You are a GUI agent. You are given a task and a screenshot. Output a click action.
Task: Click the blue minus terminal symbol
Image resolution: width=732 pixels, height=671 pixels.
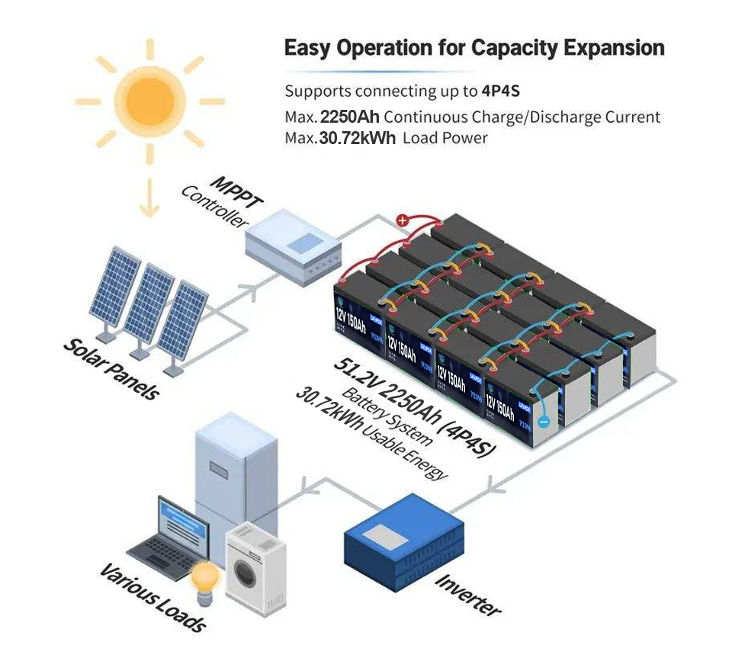(542, 420)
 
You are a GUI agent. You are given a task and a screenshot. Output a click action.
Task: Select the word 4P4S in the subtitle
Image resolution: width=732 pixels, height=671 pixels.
(500, 91)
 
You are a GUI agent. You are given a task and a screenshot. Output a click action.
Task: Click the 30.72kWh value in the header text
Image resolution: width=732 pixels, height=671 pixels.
(357, 138)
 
